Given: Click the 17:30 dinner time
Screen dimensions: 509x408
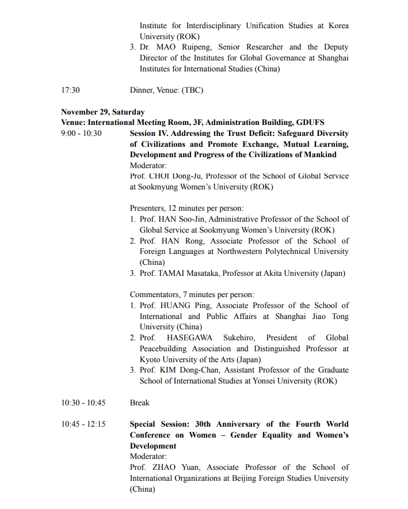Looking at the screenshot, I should point(70,90).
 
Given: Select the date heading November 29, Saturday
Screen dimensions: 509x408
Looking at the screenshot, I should point(102,112).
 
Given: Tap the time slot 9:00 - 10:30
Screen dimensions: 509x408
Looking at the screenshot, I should point(81,133).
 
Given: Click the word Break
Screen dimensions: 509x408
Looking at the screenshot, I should point(140,402).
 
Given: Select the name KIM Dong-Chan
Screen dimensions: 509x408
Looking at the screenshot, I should point(185,370).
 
